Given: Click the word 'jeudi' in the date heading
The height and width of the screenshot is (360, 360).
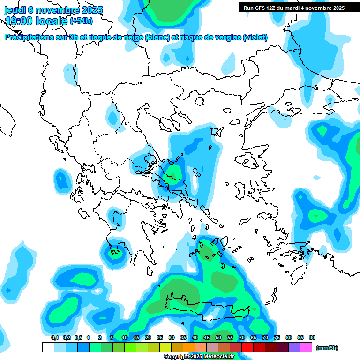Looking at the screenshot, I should pyautogui.click(x=15, y=10).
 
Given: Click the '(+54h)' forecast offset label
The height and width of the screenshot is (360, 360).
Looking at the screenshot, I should pyautogui.click(x=81, y=21).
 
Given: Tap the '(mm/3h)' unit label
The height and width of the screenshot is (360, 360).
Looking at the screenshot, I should pyautogui.click(x=327, y=348).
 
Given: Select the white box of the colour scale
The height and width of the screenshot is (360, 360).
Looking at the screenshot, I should pyautogui.click(x=48, y=347).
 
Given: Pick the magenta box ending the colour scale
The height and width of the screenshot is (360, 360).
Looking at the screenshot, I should pyautogui.click(x=306, y=347).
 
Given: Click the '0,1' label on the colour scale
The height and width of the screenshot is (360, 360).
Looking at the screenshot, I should pyautogui.click(x=55, y=338).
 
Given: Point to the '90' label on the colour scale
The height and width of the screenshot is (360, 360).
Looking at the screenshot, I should pyautogui.click(x=312, y=338).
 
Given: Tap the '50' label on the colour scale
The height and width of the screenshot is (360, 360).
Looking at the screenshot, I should pyautogui.click(x=218, y=338).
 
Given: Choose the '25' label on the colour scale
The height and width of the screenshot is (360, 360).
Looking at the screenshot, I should pyautogui.click(x=160, y=338).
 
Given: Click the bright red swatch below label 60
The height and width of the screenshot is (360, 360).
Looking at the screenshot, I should pyautogui.click(x=247, y=347).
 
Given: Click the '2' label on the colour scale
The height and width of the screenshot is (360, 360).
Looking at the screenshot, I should pyautogui.click(x=100, y=338).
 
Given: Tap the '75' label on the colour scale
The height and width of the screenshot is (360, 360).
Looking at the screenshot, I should pyautogui.click(x=277, y=338).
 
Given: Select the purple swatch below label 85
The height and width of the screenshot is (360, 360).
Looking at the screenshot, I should pyautogui.click(x=294, y=347).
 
